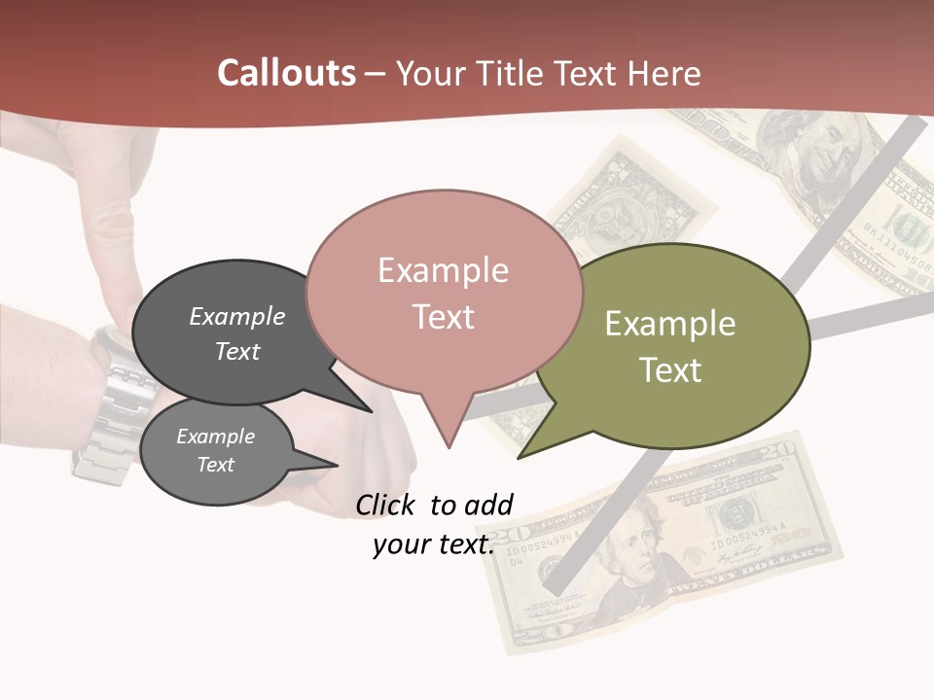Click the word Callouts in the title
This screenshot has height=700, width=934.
click(286, 73)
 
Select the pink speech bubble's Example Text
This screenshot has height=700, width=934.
click(443, 294)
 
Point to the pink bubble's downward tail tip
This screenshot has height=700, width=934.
click(449, 446)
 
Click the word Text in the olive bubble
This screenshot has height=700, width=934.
click(670, 370)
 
